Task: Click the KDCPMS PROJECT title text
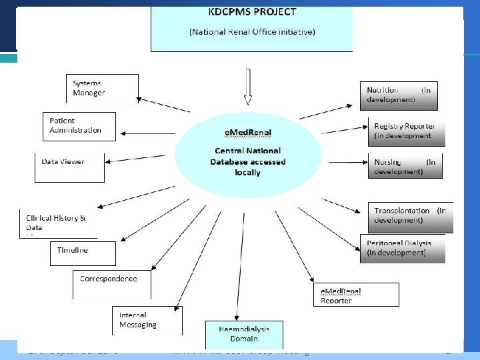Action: pyautogui.click(x=252, y=12)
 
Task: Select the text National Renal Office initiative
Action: pyautogui.click(x=252, y=32)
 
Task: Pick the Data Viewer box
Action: pyautogui.click(x=69, y=167)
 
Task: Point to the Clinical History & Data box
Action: pyautogui.click(x=59, y=223)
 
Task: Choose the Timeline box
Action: pyautogui.click(x=83, y=253)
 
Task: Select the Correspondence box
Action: pyautogui.click(x=111, y=283)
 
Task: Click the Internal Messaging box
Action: pyautogui.click(x=146, y=320)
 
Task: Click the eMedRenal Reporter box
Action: pyautogui.click(x=356, y=295)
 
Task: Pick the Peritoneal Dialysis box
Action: pyautogui.click(x=402, y=248)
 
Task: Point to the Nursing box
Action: pyautogui.click(x=405, y=167)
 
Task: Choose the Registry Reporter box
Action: pyautogui.click(x=406, y=131)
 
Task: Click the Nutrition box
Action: pyautogui.click(x=399, y=95)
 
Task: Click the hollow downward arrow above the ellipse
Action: pyautogui.click(x=248, y=87)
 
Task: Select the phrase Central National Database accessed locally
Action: pyautogui.click(x=247, y=161)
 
